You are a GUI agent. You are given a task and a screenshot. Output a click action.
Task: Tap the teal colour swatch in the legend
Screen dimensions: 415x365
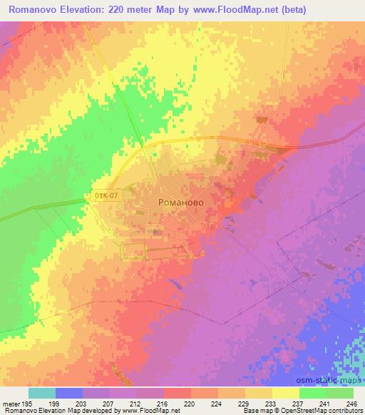41,393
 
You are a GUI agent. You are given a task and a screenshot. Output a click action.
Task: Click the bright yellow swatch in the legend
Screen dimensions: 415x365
286,393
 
